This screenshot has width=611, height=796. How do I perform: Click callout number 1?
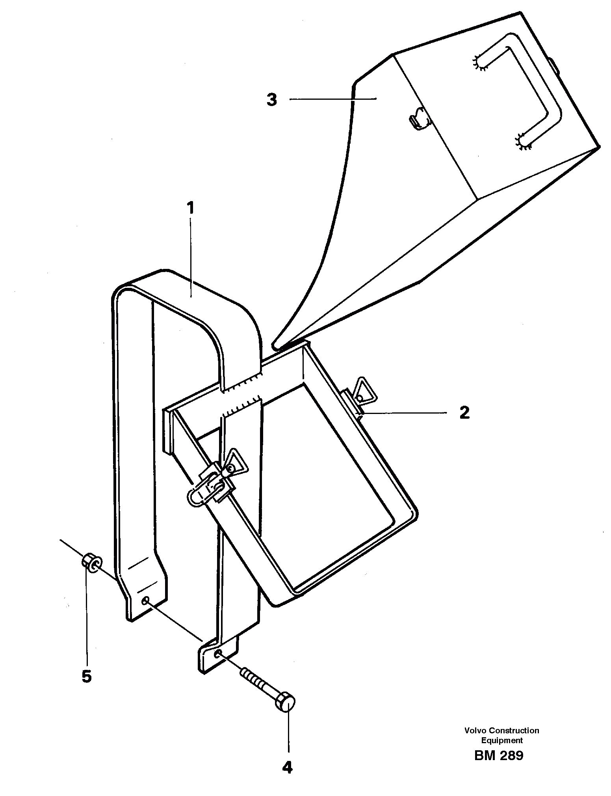click(x=191, y=208)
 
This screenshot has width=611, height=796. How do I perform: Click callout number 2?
click(x=465, y=413)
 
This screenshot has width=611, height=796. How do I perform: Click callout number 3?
click(x=272, y=100)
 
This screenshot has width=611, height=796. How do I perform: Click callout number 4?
click(x=288, y=767)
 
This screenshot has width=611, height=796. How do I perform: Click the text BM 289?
click(x=499, y=755)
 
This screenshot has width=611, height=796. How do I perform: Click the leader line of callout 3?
click(x=333, y=100)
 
